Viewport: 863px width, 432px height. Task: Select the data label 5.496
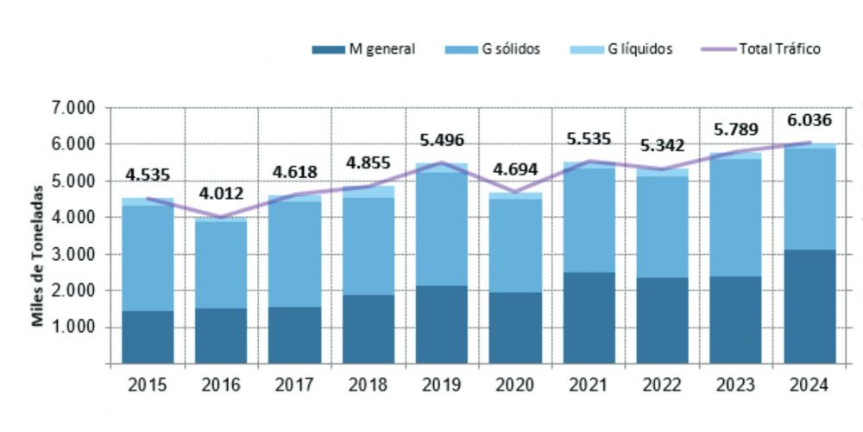(442, 139)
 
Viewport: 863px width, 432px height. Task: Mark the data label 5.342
(663, 146)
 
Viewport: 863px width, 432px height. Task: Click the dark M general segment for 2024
(809, 307)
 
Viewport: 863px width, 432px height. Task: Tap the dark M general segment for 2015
(147, 337)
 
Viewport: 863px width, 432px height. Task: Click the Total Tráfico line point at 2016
(220, 217)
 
